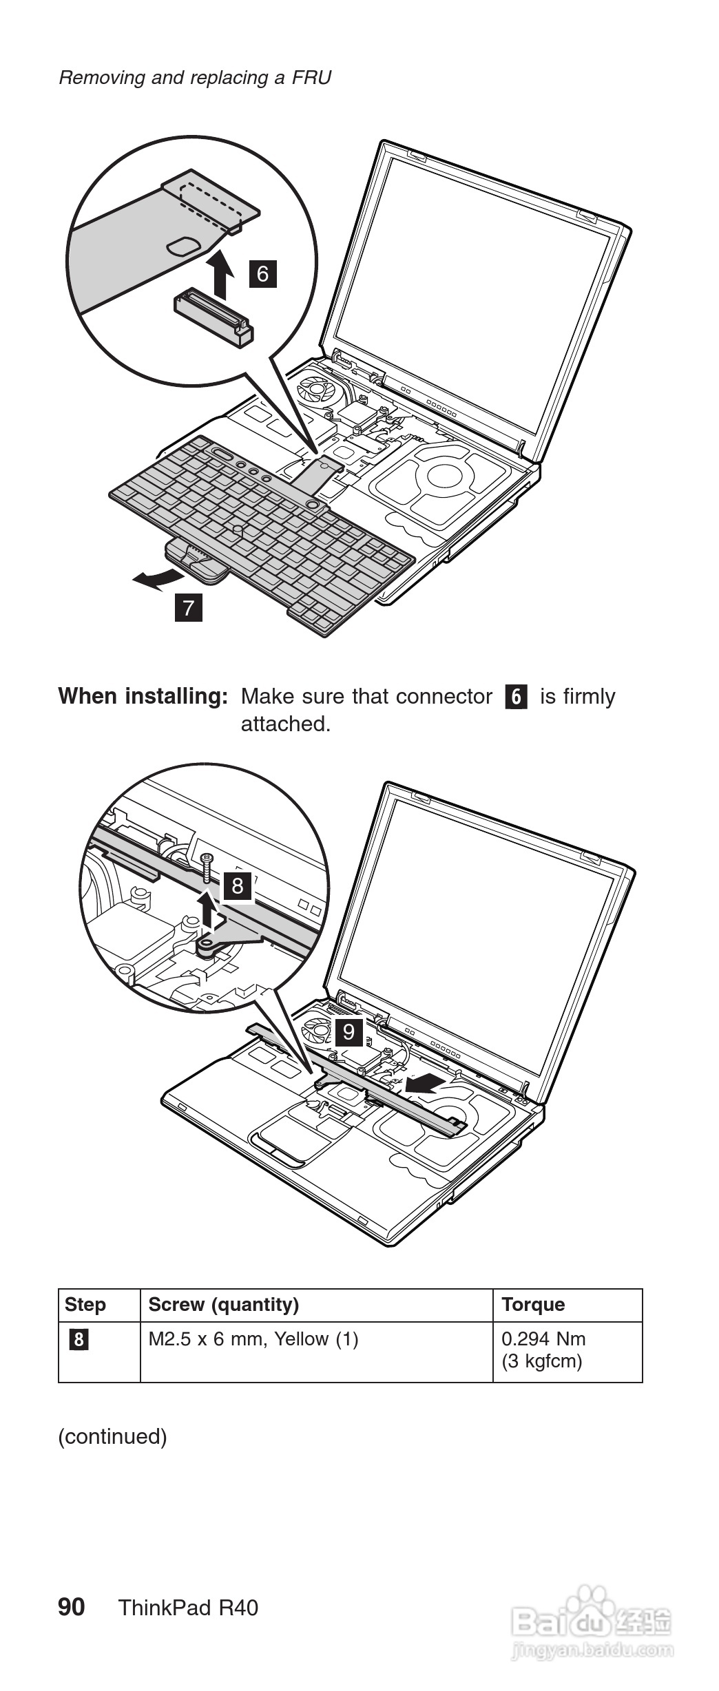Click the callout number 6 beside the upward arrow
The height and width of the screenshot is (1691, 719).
click(262, 274)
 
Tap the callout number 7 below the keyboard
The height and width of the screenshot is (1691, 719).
click(189, 608)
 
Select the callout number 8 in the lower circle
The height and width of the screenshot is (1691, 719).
click(238, 885)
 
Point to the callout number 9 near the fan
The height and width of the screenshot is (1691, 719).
click(348, 1032)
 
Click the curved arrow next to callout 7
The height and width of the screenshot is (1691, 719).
click(156, 579)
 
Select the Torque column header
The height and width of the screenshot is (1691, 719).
click(533, 1305)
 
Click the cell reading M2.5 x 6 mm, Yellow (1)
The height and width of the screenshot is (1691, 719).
click(253, 1339)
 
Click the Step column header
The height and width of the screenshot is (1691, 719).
click(85, 1305)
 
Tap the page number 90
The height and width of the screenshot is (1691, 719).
click(72, 1607)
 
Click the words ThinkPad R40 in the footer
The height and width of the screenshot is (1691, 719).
click(188, 1608)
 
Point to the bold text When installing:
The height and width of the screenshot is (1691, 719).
click(143, 696)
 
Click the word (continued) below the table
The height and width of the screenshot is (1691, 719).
click(112, 1436)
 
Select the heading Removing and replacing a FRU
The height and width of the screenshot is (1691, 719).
click(195, 77)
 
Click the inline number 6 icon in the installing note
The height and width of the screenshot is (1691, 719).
click(516, 697)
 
